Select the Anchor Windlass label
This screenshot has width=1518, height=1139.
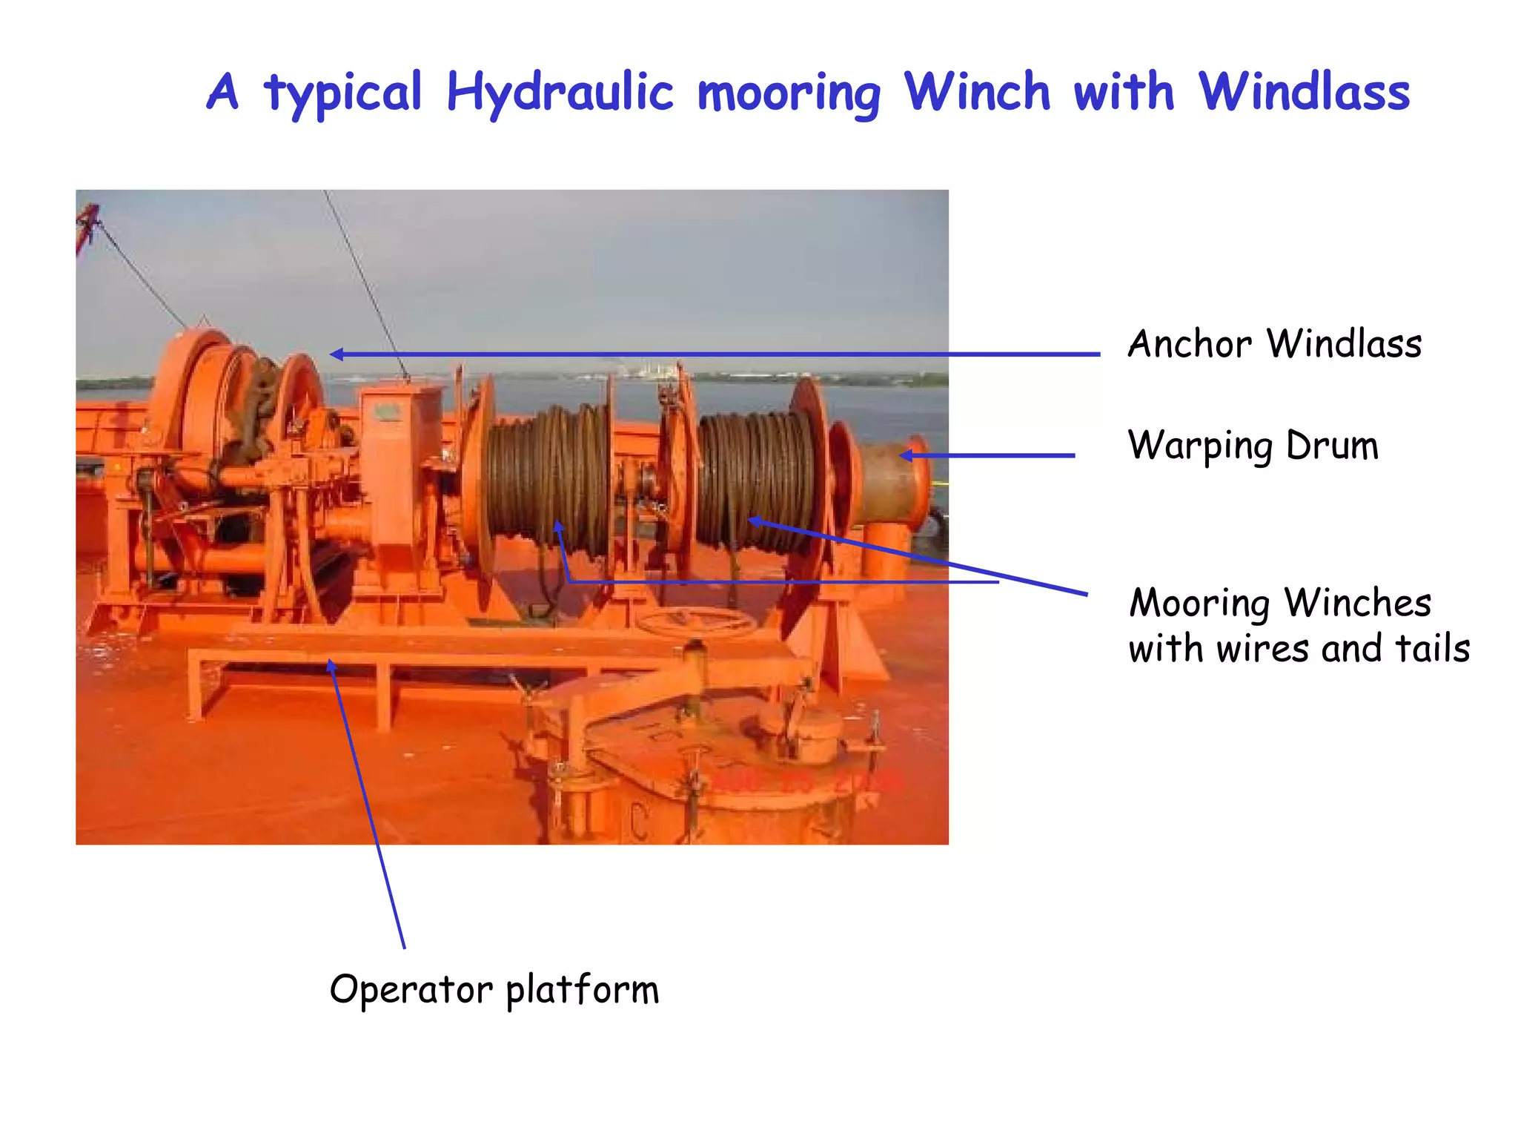[x=1274, y=344]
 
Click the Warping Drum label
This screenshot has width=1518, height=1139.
[x=1253, y=446]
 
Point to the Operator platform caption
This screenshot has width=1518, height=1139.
[x=494, y=989]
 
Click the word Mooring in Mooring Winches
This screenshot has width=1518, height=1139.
[x=1199, y=603]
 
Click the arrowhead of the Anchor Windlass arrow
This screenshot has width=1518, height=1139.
[x=335, y=354]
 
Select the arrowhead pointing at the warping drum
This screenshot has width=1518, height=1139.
[x=905, y=455]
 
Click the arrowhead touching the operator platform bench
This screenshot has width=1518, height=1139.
[x=331, y=664]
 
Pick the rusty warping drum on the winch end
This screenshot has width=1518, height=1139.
[x=889, y=482]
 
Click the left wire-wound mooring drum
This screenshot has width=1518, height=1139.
[x=547, y=475]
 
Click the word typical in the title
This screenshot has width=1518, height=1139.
[x=343, y=94]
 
